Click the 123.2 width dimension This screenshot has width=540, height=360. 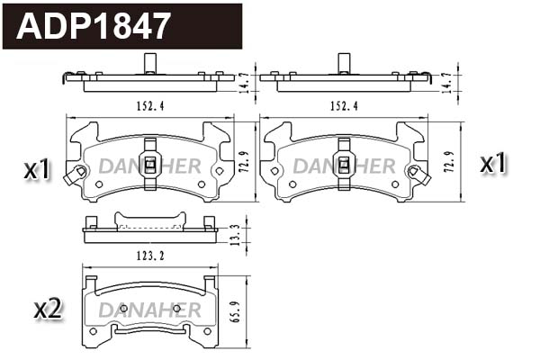(149, 256)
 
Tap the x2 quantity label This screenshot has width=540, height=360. (47, 310)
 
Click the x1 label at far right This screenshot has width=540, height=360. (494, 164)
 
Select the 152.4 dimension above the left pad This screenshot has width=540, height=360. (149, 105)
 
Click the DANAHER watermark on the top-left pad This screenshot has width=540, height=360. (149, 166)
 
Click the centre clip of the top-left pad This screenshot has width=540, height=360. (150, 165)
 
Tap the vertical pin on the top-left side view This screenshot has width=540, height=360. (149, 64)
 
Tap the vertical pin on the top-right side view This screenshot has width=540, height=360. (344, 64)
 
